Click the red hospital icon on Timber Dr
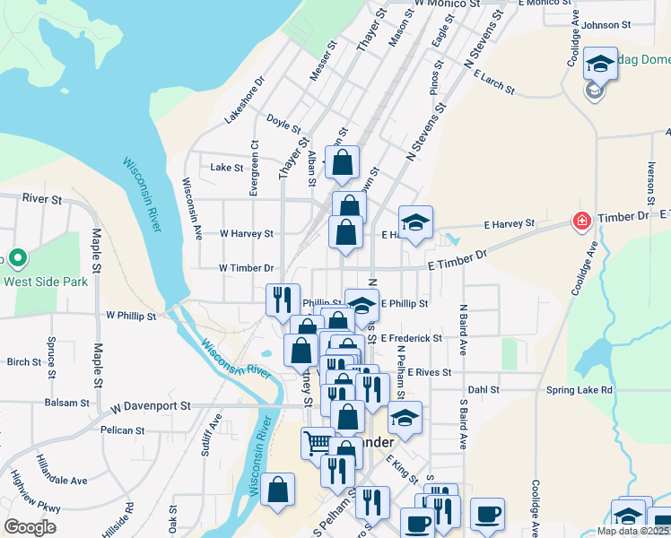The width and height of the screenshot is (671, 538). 581,221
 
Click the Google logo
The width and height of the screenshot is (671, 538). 30,527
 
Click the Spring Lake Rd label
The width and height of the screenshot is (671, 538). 579,390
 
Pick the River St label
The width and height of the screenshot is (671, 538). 42,198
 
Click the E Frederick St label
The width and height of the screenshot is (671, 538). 411,338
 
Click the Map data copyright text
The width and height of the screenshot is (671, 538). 633,531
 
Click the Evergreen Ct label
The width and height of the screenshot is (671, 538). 255,167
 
